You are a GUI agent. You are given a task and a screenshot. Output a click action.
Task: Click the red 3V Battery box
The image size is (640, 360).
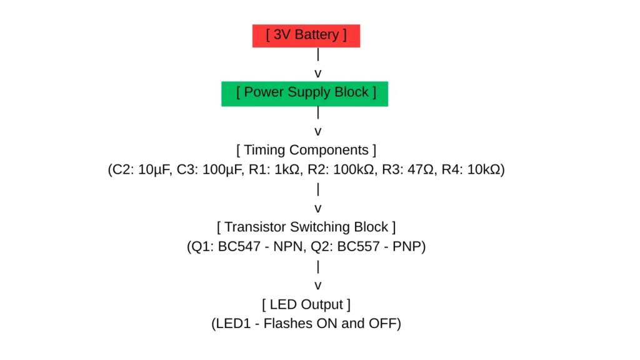click(x=306, y=36)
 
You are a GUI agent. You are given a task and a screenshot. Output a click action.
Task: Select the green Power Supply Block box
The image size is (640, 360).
click(x=305, y=93)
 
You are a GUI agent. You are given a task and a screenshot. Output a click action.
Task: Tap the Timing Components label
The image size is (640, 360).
click(x=306, y=150)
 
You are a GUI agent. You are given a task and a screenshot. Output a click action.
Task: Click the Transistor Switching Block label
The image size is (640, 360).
click(x=306, y=227)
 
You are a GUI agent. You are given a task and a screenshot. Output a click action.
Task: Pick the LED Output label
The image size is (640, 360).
click(x=306, y=304)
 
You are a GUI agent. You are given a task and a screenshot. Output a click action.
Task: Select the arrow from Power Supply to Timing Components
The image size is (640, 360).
click(x=318, y=122)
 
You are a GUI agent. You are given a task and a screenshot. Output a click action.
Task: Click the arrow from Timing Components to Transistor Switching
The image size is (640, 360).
click(x=318, y=199)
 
